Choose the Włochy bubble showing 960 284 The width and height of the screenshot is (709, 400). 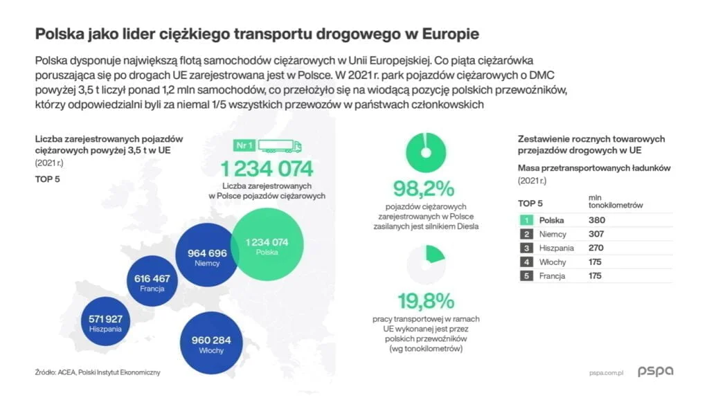click(206, 345)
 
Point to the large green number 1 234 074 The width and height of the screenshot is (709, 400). click(267, 168)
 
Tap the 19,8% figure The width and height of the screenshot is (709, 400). click(425, 301)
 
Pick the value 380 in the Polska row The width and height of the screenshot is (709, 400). click(595, 220)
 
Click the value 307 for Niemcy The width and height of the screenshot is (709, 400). click(595, 234)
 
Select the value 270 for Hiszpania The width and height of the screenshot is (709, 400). click(595, 248)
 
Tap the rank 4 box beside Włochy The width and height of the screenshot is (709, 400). click(526, 262)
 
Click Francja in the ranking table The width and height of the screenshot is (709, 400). click(552, 275)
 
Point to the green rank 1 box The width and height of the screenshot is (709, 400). click(526, 220)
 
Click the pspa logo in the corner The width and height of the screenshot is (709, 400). click(655, 372)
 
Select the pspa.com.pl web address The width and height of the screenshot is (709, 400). click(602, 372)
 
